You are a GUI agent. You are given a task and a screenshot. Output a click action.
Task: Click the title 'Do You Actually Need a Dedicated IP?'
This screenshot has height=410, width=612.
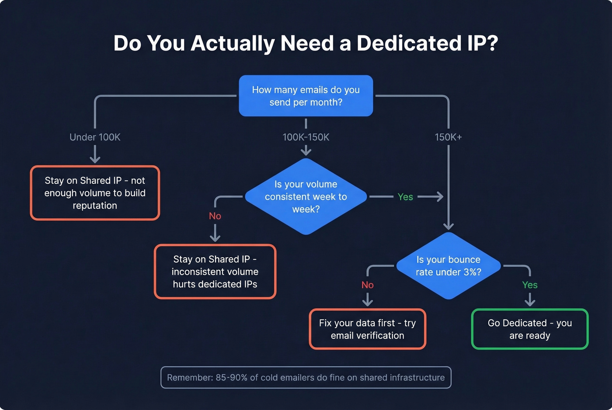pyautogui.click(x=306, y=43)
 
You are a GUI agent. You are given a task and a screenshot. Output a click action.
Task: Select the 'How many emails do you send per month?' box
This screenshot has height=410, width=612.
pyautogui.click(x=306, y=96)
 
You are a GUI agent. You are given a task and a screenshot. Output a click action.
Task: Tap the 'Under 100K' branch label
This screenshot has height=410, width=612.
pyautogui.click(x=95, y=137)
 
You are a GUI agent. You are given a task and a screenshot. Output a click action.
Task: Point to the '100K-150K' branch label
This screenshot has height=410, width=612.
pyautogui.click(x=306, y=137)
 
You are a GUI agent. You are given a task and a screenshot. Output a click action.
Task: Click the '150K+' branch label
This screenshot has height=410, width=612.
pyautogui.click(x=448, y=137)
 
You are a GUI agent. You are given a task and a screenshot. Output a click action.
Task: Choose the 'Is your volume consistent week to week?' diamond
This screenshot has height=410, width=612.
pyautogui.click(x=306, y=196)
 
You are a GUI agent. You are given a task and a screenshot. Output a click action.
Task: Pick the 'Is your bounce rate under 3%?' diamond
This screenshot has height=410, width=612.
pyautogui.click(x=448, y=265)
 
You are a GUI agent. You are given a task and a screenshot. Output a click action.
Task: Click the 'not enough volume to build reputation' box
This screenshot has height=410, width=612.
pyautogui.click(x=95, y=193)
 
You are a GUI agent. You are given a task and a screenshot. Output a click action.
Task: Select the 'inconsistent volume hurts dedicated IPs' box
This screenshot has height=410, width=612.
pyautogui.click(x=215, y=272)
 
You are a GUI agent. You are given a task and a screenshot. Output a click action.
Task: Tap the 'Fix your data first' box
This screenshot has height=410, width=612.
pyautogui.click(x=367, y=329)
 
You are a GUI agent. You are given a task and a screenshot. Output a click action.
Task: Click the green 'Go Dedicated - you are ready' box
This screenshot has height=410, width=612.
pyautogui.click(x=530, y=329)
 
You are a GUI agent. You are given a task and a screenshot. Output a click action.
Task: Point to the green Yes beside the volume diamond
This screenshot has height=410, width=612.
pyautogui.click(x=405, y=197)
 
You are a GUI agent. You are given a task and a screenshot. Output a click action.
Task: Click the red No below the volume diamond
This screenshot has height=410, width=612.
pyautogui.click(x=215, y=216)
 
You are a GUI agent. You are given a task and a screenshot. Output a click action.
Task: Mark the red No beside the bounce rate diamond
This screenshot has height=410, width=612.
pyautogui.click(x=367, y=285)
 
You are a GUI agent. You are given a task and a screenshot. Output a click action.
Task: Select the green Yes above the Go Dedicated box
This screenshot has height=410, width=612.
pyautogui.click(x=530, y=285)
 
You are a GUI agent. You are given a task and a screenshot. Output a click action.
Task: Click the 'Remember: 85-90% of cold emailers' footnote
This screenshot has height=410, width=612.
pyautogui.click(x=306, y=378)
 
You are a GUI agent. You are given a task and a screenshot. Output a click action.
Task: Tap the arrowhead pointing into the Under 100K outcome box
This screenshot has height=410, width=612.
pyautogui.click(x=95, y=159)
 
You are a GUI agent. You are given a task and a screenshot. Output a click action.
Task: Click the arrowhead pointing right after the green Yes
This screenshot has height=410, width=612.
pyautogui.click(x=439, y=197)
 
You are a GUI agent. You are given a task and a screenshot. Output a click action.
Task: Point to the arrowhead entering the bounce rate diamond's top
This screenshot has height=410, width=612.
pyautogui.click(x=448, y=227)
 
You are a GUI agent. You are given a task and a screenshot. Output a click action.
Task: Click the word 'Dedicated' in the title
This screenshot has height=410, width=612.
pyautogui.click(x=409, y=43)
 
